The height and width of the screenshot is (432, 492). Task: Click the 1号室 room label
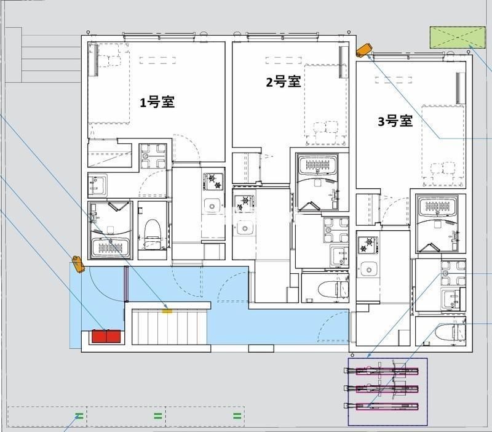click(157, 102)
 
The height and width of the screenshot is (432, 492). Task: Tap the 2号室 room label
click(284, 82)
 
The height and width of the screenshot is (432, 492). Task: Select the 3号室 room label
click(395, 121)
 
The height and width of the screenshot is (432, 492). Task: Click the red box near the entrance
click(106, 336)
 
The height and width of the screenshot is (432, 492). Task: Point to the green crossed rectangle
click(458, 38)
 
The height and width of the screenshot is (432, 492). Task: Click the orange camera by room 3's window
click(364, 50)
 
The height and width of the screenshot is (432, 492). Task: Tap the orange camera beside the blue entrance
click(78, 264)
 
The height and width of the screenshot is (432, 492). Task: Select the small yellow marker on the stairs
click(167, 311)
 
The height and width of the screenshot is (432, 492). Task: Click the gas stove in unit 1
click(214, 181)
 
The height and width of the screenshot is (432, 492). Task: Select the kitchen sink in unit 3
click(368, 270)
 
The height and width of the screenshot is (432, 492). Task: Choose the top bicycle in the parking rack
click(381, 372)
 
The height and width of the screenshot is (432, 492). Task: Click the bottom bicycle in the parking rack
click(381, 407)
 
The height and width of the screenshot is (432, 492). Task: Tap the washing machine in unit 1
click(153, 156)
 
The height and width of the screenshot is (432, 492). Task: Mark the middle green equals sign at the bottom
click(158, 416)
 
